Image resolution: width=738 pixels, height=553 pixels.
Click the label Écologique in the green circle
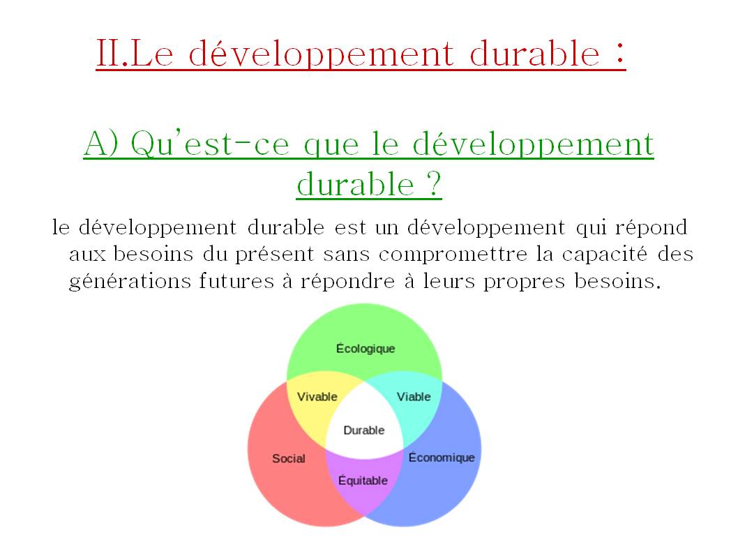click(x=366, y=349)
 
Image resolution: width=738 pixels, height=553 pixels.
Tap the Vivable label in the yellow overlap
click(x=317, y=397)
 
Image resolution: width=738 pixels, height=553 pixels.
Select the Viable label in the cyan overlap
click(x=414, y=397)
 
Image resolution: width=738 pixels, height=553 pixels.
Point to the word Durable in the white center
click(x=364, y=430)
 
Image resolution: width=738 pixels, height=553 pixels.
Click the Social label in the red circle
click(x=289, y=458)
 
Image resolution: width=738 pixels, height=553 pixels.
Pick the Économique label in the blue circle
click(x=442, y=457)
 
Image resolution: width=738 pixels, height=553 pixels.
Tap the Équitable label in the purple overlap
click(x=363, y=480)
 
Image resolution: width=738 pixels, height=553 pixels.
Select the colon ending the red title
click(x=620, y=53)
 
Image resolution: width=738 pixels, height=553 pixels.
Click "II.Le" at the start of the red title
click(x=135, y=53)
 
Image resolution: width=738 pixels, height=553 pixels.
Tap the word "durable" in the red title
click(x=535, y=53)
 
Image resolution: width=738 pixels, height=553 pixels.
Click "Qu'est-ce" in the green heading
click(x=210, y=143)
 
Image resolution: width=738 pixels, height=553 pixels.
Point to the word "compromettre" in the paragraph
click(x=453, y=255)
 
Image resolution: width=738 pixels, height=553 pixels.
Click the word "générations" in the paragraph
click(x=130, y=282)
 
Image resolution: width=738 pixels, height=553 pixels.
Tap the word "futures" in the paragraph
click(x=236, y=281)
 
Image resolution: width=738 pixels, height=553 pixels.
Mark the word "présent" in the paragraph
click(x=274, y=255)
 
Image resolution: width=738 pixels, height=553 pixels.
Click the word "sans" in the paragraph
click(x=346, y=255)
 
